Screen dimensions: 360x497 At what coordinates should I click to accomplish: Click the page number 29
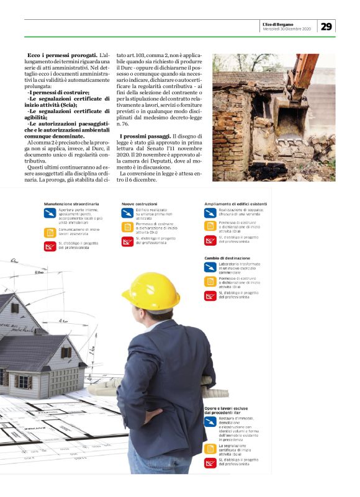coord(326,26)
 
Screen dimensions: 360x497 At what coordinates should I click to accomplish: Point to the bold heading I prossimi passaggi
coord(146,136)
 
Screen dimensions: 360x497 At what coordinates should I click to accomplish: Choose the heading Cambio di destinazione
coord(227,257)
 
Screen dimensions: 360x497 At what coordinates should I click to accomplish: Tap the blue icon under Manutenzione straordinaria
coord(50,214)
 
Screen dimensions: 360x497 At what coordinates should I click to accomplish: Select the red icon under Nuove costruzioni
coord(127,241)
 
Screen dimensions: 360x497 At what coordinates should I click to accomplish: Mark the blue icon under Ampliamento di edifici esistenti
coord(210,214)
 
